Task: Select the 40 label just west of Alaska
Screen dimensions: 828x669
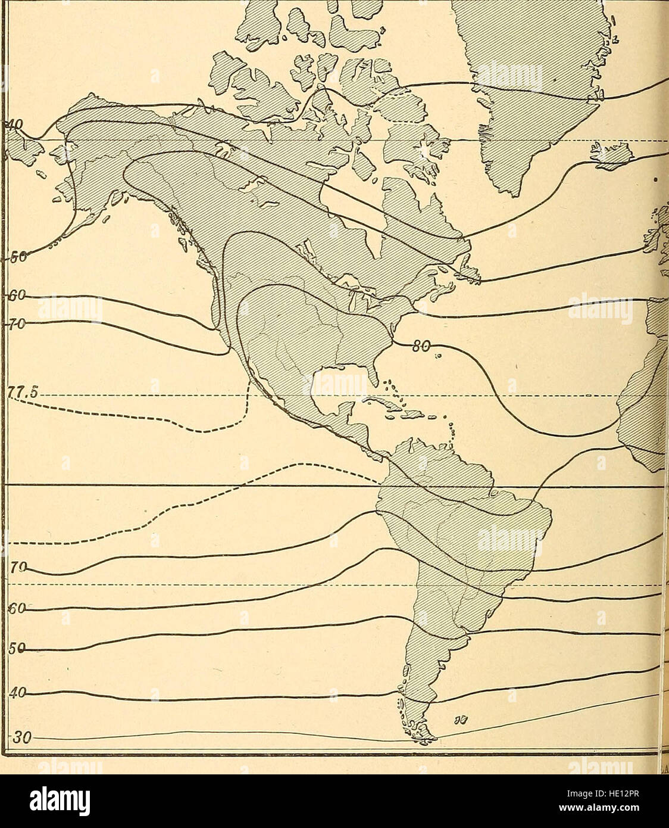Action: (13, 126)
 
